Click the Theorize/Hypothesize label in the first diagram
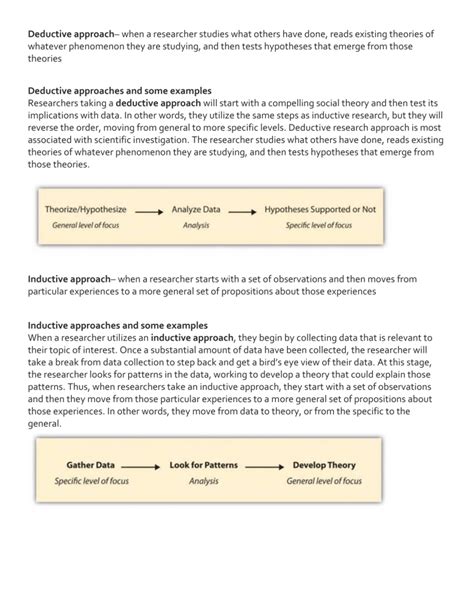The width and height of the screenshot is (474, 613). point(85,211)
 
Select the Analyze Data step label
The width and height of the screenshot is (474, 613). point(195,211)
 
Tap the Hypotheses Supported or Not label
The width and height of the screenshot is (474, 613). point(320,211)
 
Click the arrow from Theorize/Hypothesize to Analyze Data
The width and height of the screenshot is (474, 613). point(147,212)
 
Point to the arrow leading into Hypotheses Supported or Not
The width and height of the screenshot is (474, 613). point(242,212)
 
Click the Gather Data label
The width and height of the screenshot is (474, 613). point(90,465)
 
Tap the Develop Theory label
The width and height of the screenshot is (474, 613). point(323,465)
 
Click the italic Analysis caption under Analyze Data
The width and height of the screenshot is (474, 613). point(195,226)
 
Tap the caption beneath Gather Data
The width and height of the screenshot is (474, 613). point(91,480)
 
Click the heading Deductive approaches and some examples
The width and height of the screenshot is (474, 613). point(119,90)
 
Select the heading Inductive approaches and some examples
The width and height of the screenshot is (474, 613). point(117,326)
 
